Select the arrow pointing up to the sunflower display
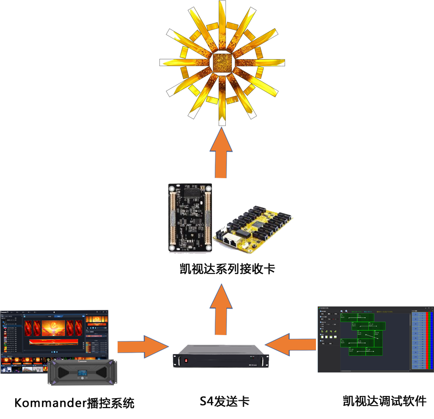(221, 151)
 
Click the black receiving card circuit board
(191, 217)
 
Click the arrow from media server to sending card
(142, 346)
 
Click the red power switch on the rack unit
(186, 360)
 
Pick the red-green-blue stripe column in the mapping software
(430, 339)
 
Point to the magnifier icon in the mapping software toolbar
(342, 312)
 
